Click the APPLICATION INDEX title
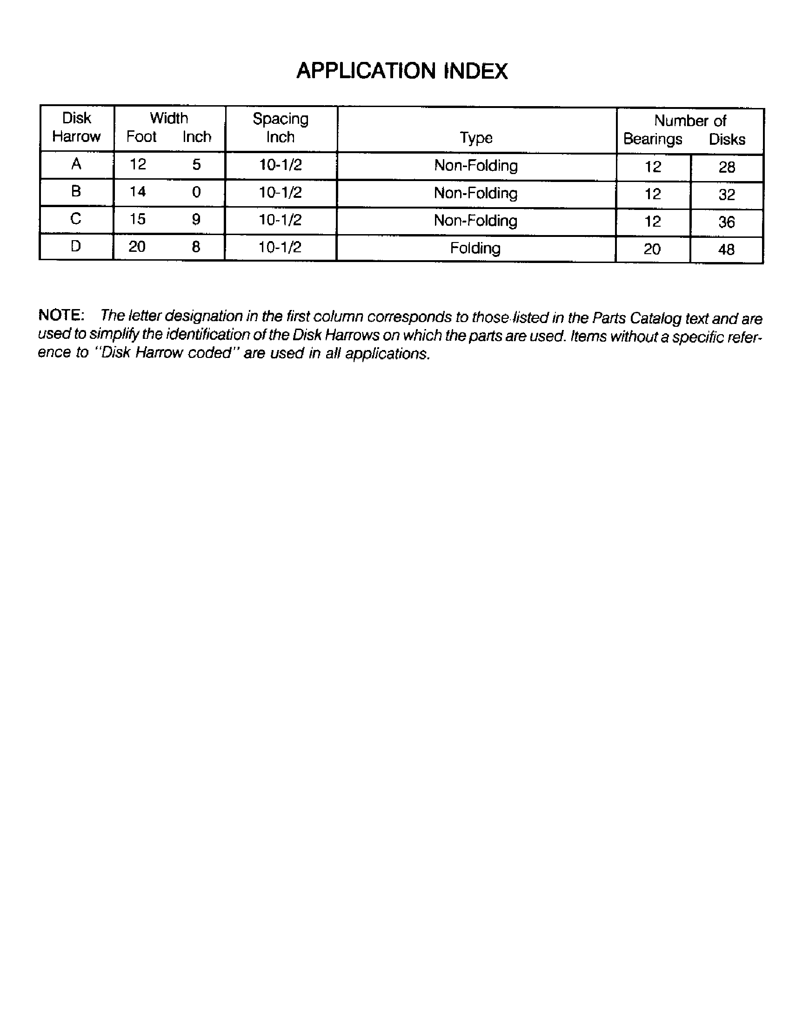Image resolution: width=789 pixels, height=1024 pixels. pos(402,71)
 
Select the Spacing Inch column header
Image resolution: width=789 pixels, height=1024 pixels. pos(280,128)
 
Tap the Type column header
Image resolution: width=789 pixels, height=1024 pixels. pos(475,137)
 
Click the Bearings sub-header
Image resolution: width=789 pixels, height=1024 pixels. pos(652,139)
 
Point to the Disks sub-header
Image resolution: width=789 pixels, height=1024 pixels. pos(727,139)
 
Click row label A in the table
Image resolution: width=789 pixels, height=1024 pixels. pos(76,164)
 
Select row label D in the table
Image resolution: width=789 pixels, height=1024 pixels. pos(76,246)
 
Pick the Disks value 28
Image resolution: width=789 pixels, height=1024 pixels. pos(727,168)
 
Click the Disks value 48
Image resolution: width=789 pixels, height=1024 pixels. pos(726,249)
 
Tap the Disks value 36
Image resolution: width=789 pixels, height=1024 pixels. pos(727,222)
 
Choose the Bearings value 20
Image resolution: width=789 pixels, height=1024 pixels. pos(652,249)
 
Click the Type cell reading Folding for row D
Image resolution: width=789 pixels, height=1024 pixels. pos(475,248)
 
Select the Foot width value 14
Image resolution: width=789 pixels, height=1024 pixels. pos(138,191)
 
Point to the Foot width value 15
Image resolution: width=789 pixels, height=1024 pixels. pos(138,219)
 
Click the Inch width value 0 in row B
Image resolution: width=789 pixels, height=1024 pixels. pos(196,192)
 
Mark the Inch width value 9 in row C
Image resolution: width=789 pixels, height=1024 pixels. pos(196,219)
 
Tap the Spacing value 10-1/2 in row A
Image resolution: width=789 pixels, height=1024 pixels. pos(280,165)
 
